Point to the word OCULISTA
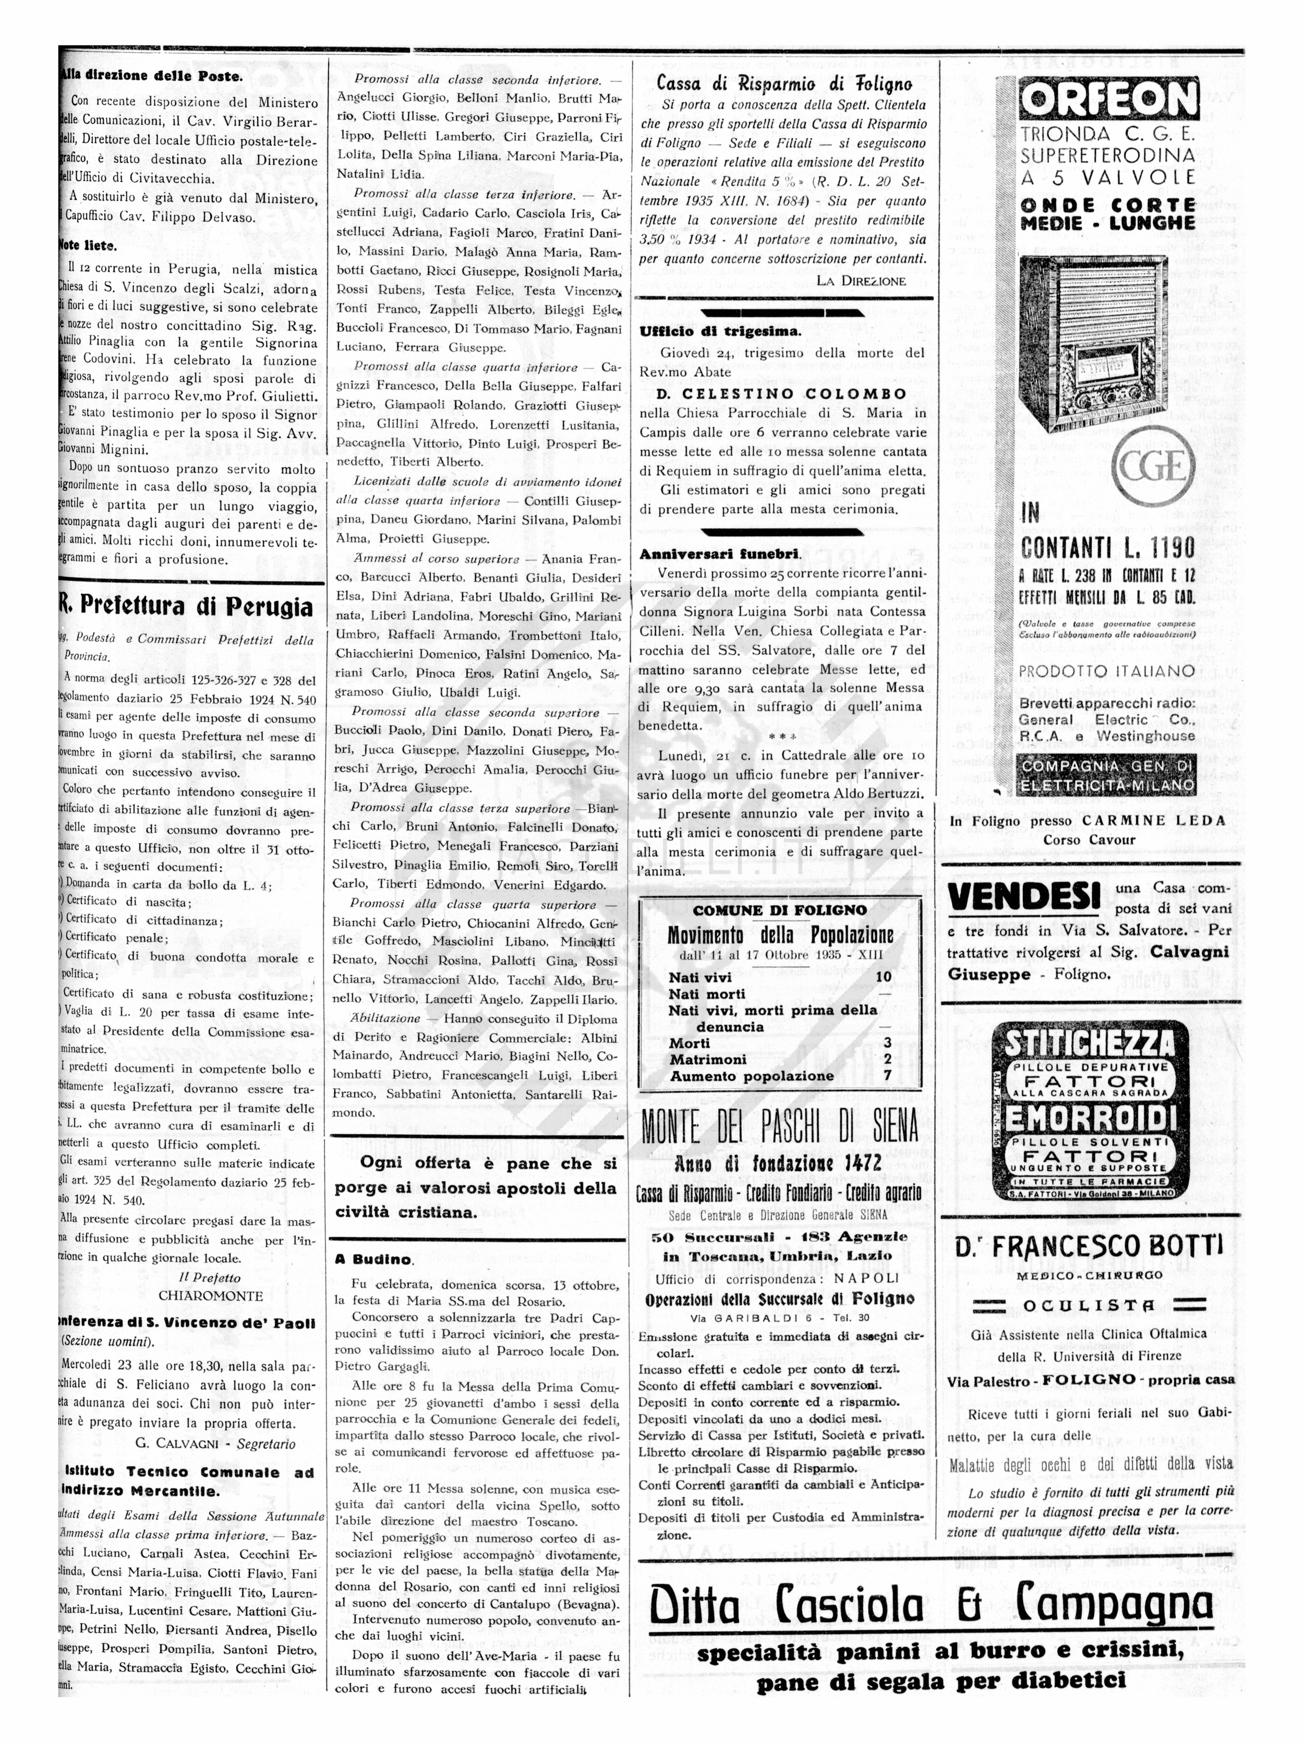point(1090,1306)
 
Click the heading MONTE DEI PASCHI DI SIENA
point(780,1128)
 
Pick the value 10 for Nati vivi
point(884,977)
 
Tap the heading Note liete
point(88,246)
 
